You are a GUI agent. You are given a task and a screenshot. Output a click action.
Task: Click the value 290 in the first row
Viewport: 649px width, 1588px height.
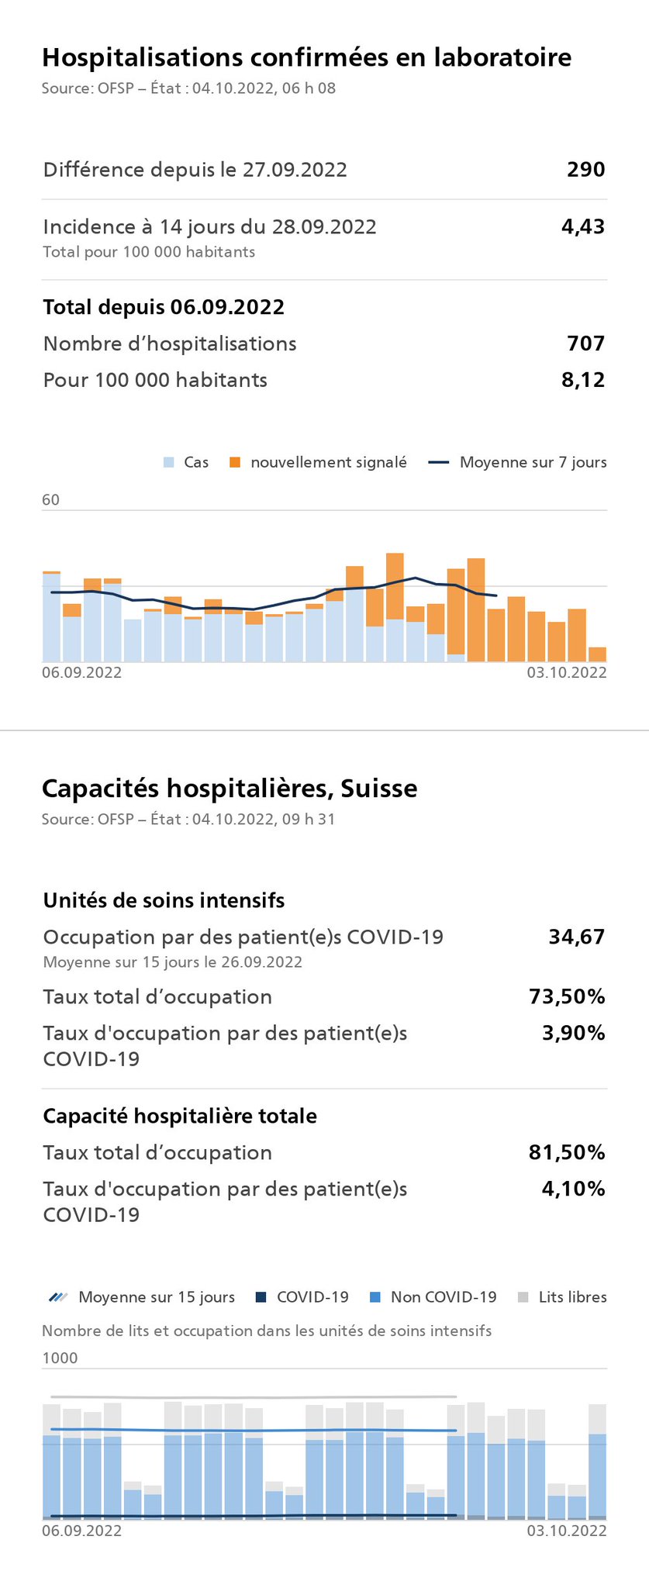click(585, 170)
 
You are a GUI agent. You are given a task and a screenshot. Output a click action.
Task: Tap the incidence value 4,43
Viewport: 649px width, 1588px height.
click(582, 227)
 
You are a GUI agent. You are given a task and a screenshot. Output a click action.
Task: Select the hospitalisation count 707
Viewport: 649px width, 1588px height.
click(585, 343)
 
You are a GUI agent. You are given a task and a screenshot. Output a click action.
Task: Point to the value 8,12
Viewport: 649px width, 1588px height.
click(582, 380)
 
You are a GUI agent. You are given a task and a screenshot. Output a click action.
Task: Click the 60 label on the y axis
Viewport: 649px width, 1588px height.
click(50, 500)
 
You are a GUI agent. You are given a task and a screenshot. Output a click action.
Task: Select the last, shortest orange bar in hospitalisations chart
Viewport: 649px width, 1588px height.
click(597, 654)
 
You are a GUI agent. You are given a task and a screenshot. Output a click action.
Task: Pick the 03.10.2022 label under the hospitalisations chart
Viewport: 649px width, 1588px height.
click(567, 672)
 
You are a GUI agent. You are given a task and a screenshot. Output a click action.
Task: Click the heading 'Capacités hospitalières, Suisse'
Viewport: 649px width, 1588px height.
click(230, 789)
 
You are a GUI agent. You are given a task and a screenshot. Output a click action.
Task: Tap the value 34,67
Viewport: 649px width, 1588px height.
click(576, 937)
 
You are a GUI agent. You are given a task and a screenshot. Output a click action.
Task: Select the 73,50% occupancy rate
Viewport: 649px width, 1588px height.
click(567, 997)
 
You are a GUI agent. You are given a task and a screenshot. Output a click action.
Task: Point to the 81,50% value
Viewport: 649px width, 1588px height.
click(567, 1153)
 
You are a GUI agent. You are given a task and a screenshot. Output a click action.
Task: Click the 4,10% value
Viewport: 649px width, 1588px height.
click(573, 1189)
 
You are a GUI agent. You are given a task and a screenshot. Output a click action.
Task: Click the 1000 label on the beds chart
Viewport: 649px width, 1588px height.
click(60, 1358)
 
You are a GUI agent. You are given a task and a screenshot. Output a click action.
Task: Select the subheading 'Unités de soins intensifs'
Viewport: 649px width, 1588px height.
click(164, 901)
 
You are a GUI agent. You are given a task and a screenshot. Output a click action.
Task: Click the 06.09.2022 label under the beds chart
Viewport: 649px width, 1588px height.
click(81, 1531)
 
